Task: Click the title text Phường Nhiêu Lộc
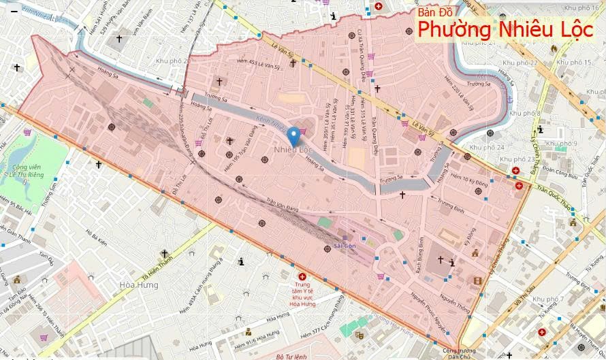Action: point(505,30)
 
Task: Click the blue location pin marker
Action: point(293,136)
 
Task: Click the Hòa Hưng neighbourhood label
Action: point(138,284)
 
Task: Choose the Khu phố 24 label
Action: point(488,147)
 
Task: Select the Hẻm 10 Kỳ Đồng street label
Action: point(470,181)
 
